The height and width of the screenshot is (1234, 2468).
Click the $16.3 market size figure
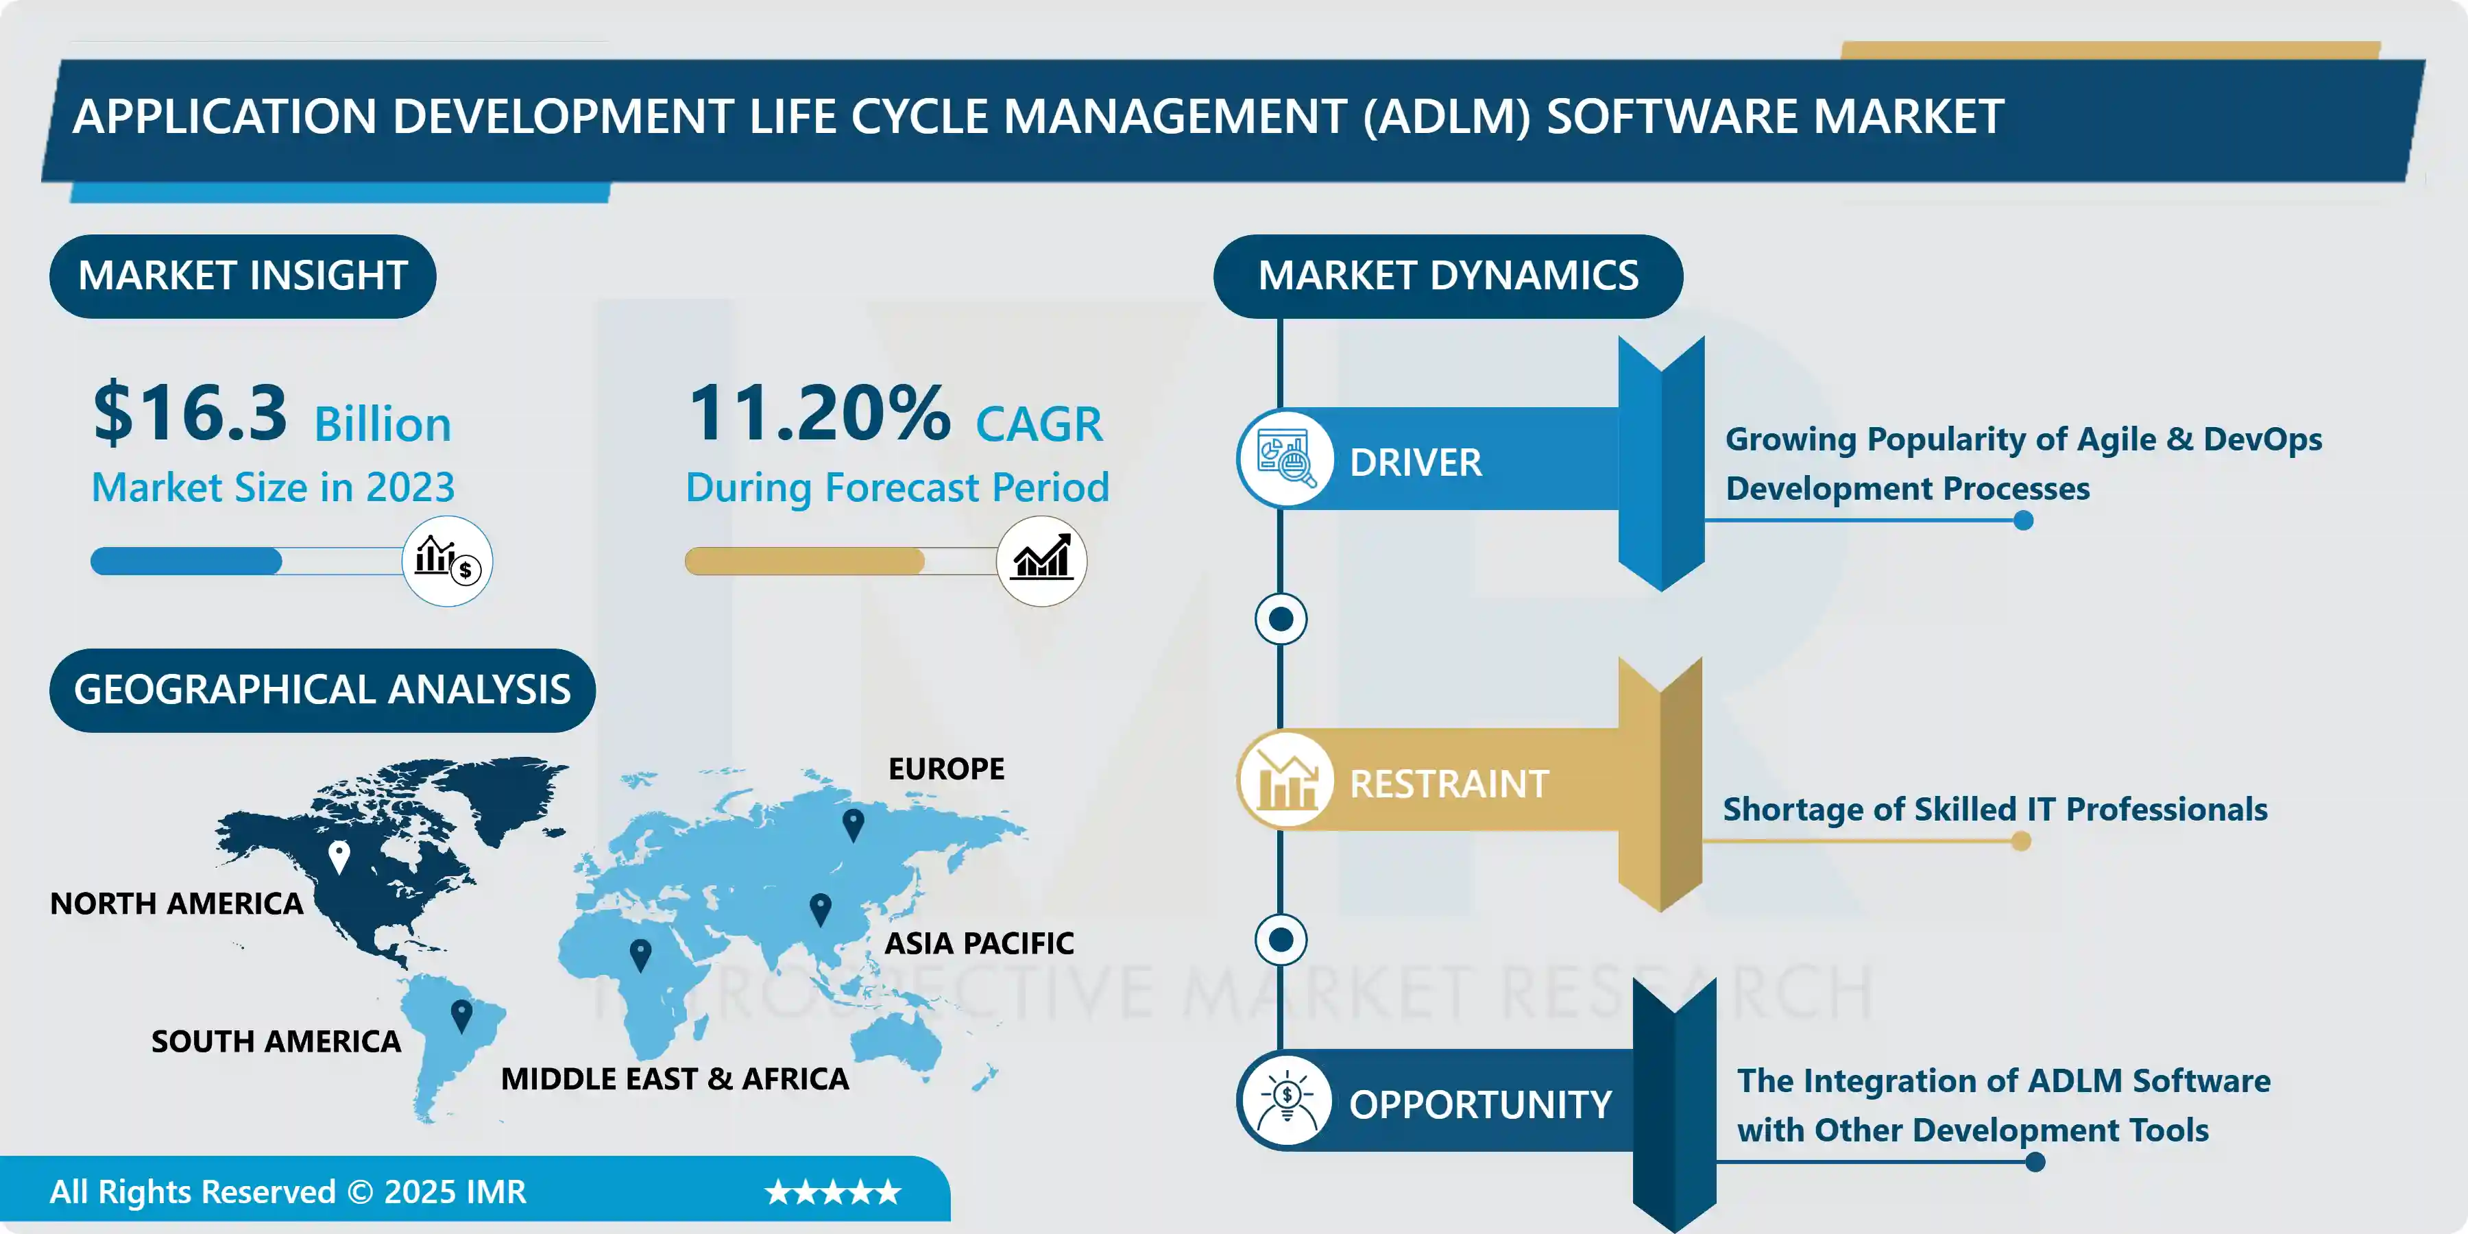coord(190,413)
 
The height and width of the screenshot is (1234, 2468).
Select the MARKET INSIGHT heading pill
coord(243,276)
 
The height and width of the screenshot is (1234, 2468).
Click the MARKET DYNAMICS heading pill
coord(1448,276)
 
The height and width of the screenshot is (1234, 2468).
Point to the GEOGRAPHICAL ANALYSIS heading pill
coord(322,690)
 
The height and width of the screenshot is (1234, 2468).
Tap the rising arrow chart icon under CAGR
coord(1041,561)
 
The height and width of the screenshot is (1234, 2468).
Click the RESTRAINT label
coord(1449,784)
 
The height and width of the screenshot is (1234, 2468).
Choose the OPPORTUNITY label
coord(1480,1104)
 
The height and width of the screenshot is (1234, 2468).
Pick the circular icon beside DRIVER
coord(1285,458)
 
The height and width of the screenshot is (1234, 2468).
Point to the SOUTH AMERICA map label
coord(276,1041)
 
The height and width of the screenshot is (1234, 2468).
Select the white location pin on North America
coord(339,856)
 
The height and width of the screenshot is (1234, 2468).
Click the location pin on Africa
coord(641,954)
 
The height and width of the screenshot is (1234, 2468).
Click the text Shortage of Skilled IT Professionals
coord(1995,810)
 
